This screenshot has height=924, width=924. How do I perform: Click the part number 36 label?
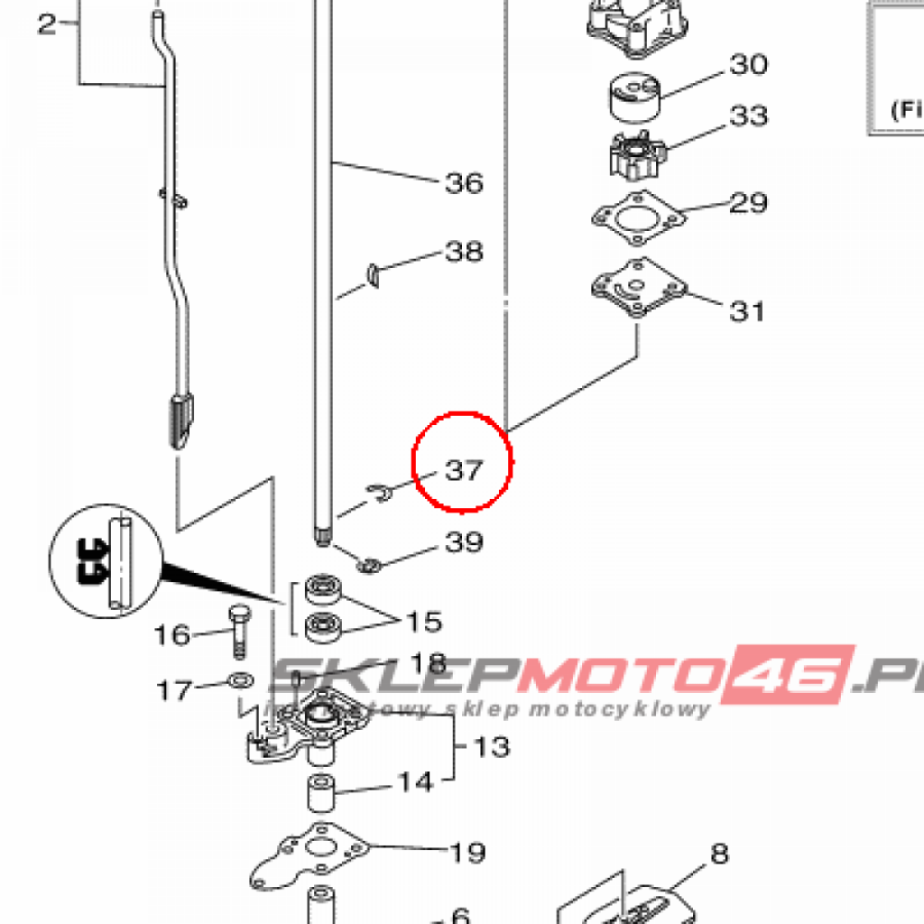point(465,183)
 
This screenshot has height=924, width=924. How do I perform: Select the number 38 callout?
point(465,251)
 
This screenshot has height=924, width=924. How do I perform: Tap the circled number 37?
point(464,470)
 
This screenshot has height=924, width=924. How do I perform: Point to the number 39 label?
point(465,541)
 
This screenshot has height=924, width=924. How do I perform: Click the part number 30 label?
point(749,64)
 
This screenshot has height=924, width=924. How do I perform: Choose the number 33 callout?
point(749,115)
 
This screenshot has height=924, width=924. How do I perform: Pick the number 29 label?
point(748,202)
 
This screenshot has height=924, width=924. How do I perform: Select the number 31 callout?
point(747,310)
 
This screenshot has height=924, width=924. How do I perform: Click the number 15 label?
point(423,622)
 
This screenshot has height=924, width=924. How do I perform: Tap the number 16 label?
point(172,635)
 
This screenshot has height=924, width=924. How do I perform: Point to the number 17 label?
point(175,691)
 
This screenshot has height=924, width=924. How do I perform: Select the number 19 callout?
point(467,852)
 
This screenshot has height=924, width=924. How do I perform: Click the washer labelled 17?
point(240,679)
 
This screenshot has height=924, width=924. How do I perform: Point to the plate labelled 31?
point(637,288)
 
